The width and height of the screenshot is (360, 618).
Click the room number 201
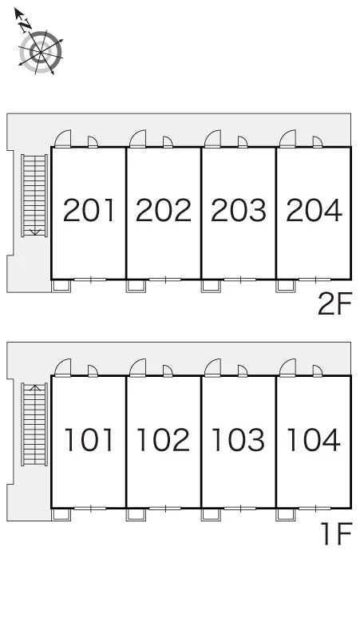pyautogui.click(x=89, y=210)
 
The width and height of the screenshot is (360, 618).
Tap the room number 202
pyautogui.click(x=164, y=210)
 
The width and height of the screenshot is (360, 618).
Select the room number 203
pyautogui.click(x=239, y=210)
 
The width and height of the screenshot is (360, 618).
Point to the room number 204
pyautogui.click(x=314, y=210)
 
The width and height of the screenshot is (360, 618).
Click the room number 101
pyautogui.click(x=89, y=439)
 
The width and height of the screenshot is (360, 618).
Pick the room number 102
pyautogui.click(x=164, y=439)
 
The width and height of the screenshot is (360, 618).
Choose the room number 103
pyautogui.click(x=239, y=439)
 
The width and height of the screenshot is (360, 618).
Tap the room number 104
pyautogui.click(x=314, y=439)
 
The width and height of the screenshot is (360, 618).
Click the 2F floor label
pyautogui.click(x=334, y=304)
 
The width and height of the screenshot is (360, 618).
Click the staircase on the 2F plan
pyautogui.click(x=34, y=196)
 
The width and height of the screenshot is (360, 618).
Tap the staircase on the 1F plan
pyautogui.click(x=34, y=424)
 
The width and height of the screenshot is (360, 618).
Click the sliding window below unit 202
pyautogui.click(x=165, y=279)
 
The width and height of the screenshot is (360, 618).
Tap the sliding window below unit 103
pyautogui.click(x=240, y=509)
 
